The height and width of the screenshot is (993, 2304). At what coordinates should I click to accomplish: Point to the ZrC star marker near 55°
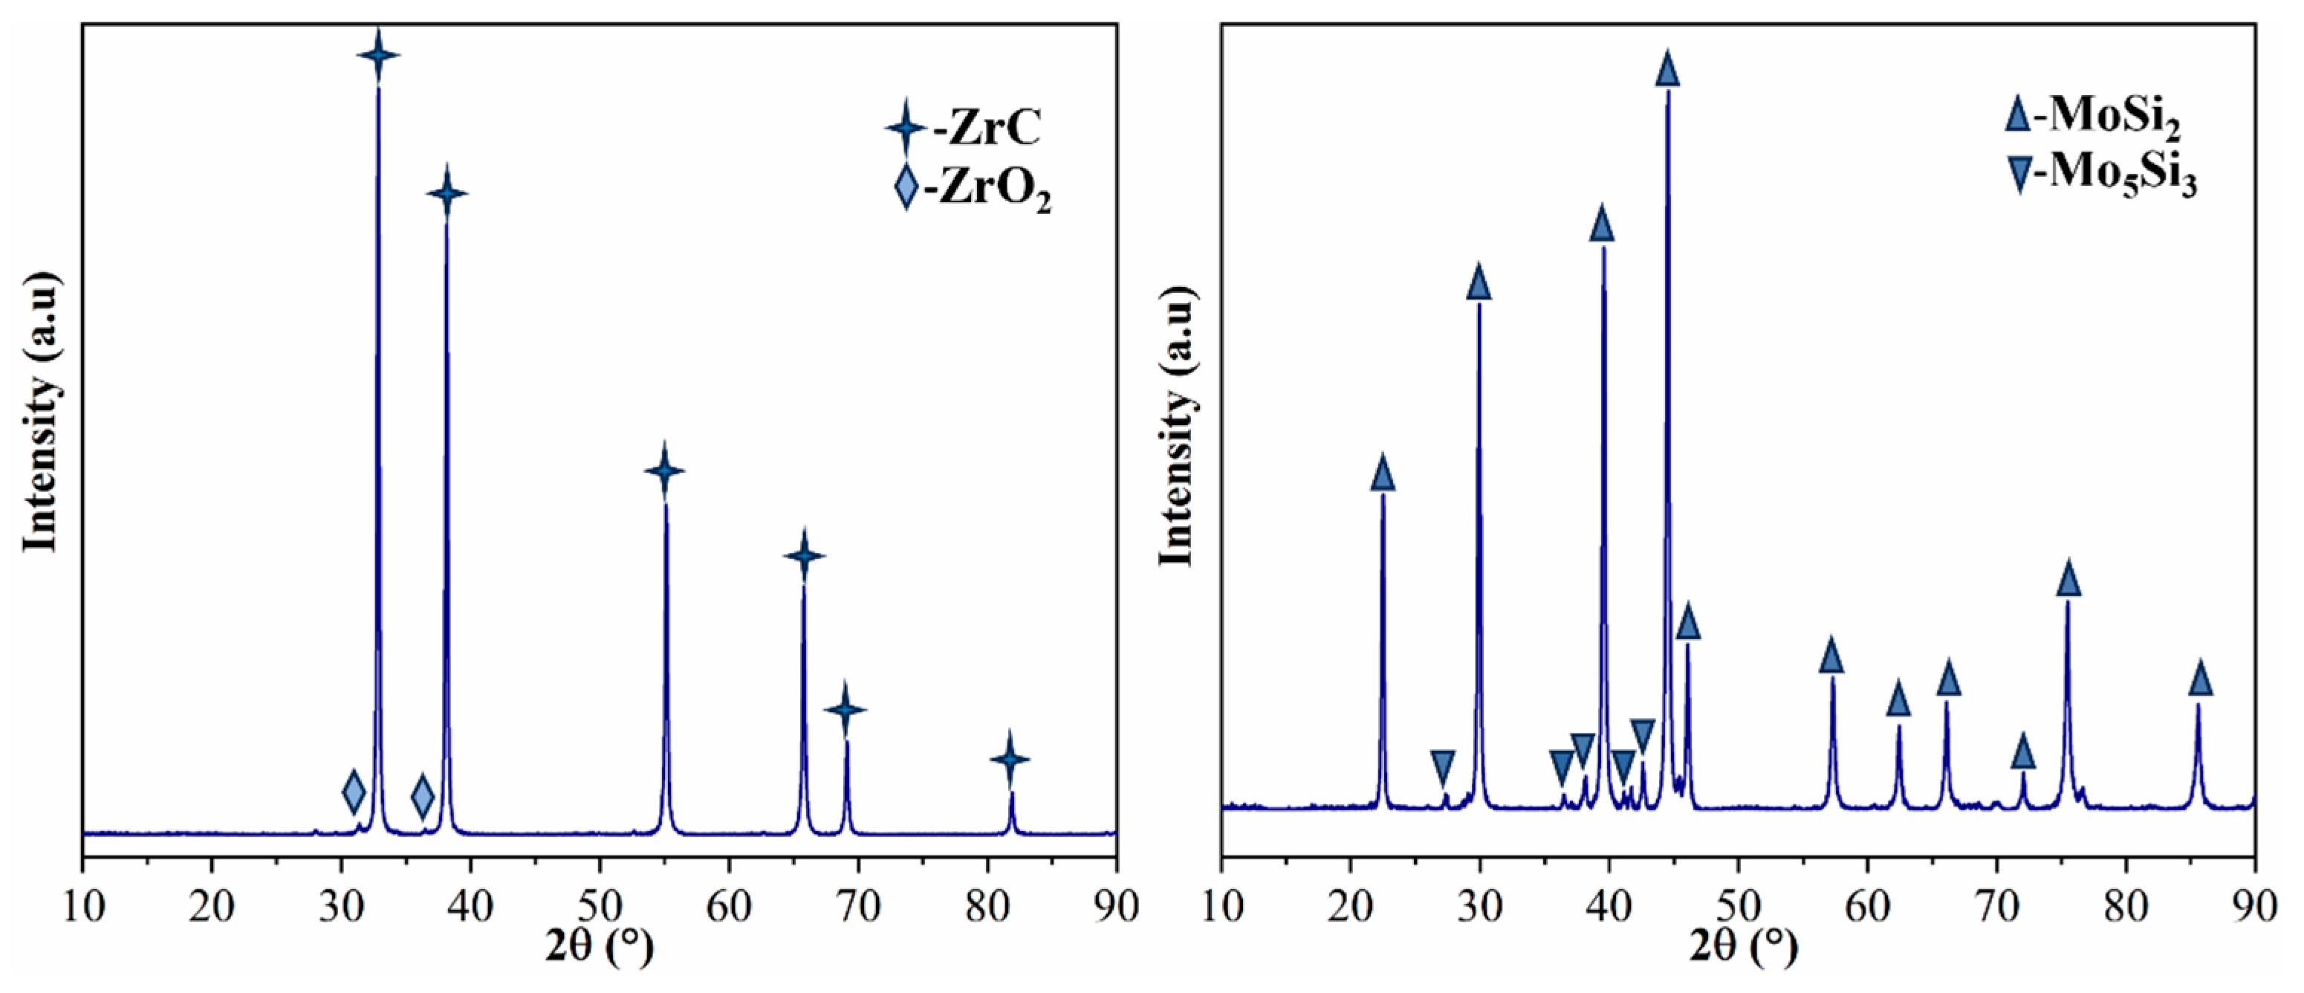(663, 470)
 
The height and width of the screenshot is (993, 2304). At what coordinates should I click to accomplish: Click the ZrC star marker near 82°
(1010, 760)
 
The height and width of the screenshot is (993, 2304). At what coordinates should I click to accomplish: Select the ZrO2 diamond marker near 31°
(354, 792)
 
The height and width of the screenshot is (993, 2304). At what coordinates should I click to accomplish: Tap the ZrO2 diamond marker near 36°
(422, 795)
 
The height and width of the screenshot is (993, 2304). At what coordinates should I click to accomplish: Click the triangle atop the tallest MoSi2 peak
(1667, 70)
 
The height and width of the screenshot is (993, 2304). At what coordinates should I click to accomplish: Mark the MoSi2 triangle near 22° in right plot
(1383, 474)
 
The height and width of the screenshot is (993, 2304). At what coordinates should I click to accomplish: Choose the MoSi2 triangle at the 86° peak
(2200, 679)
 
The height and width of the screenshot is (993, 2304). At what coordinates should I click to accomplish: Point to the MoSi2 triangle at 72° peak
(2023, 752)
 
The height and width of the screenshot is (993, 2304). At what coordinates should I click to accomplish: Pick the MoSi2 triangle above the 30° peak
(1479, 282)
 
